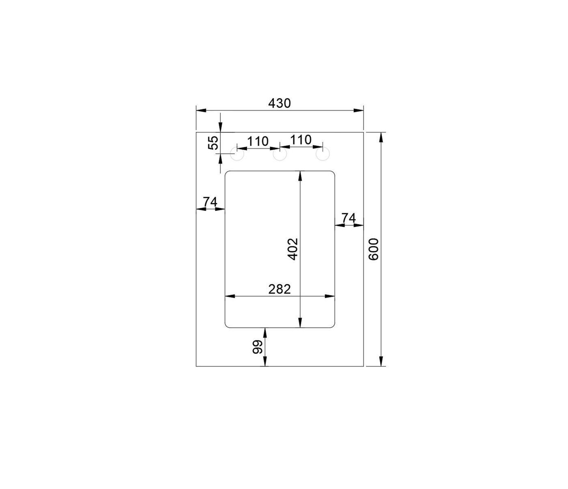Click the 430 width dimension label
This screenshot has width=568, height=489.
click(x=279, y=103)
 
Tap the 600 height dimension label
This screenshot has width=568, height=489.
click(x=373, y=249)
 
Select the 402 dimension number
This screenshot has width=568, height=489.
click(x=293, y=249)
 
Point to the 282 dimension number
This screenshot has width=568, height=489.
click(x=279, y=289)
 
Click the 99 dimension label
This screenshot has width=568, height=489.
click(x=258, y=347)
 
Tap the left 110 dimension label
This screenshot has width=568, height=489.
click(x=258, y=142)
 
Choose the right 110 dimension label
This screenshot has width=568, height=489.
click(x=301, y=140)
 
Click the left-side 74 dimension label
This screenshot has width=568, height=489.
click(x=210, y=202)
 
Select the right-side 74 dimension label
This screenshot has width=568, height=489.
click(x=349, y=218)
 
